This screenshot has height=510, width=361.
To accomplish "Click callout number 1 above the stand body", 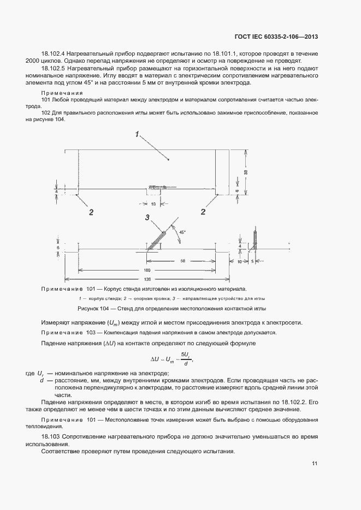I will tap(138, 133).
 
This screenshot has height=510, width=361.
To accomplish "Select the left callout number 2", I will tap(91, 212).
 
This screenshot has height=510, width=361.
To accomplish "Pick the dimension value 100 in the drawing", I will tap(147, 270).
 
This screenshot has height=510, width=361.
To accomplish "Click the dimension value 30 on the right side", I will tap(245, 172).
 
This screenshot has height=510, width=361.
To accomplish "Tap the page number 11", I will tap(315, 464).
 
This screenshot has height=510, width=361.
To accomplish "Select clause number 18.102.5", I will tap(53, 69).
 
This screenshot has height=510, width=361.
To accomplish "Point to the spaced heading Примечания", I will tap(58, 93).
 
